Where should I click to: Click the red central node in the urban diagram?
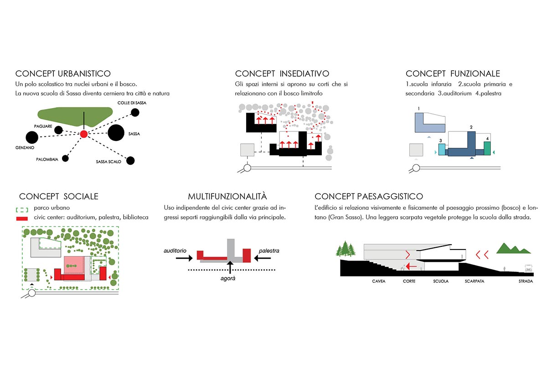(83, 134)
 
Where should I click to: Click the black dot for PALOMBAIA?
(66, 159)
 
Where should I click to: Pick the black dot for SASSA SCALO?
(131, 160)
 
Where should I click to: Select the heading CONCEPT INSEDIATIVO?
(282, 73)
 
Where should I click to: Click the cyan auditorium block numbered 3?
(441, 149)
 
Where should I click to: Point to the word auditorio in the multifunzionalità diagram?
(176, 251)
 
